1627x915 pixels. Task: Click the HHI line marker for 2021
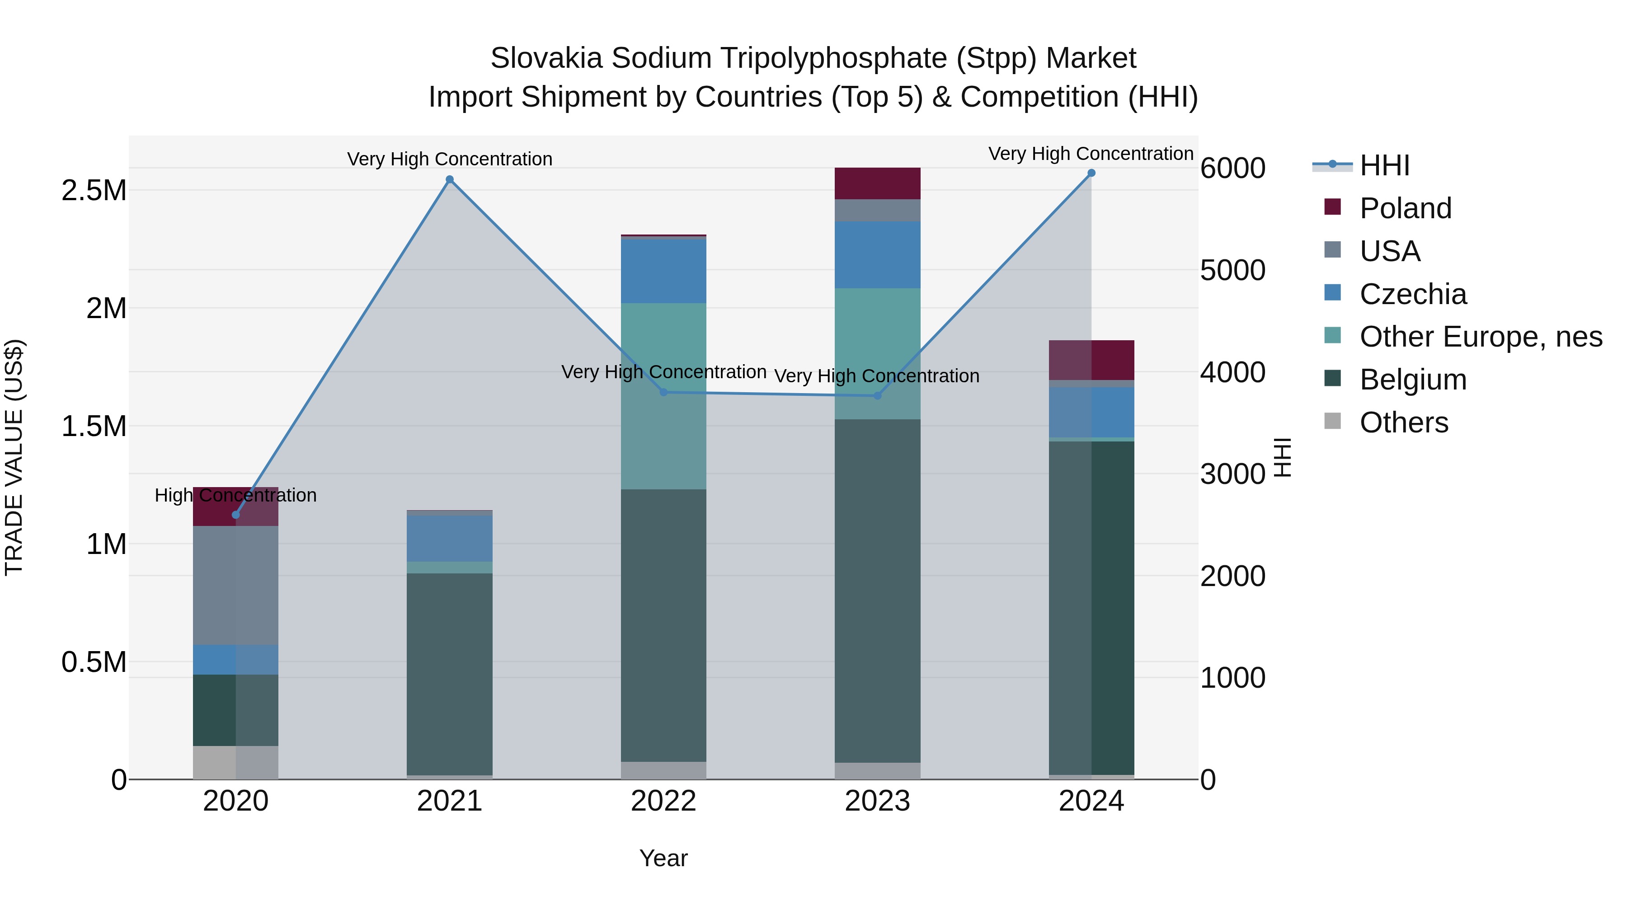point(450,179)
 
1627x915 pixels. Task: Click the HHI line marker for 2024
point(1091,173)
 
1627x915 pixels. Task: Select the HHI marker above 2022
point(663,392)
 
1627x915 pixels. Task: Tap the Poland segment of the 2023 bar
point(877,183)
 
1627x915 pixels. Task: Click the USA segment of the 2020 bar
point(235,585)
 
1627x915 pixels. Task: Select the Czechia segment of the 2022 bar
point(663,271)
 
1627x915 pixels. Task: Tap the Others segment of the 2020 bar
point(235,762)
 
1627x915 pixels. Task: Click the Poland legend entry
point(1405,208)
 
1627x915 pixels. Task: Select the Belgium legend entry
point(1412,380)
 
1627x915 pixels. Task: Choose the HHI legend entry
point(1384,165)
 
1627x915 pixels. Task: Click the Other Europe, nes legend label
point(1481,337)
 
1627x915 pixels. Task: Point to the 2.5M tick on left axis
point(94,191)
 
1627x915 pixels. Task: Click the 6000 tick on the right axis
point(1232,168)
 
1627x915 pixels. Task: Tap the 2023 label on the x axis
point(877,801)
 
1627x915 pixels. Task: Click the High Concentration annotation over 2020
point(235,495)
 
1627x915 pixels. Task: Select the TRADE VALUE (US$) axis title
point(14,457)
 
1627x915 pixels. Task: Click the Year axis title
point(663,858)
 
